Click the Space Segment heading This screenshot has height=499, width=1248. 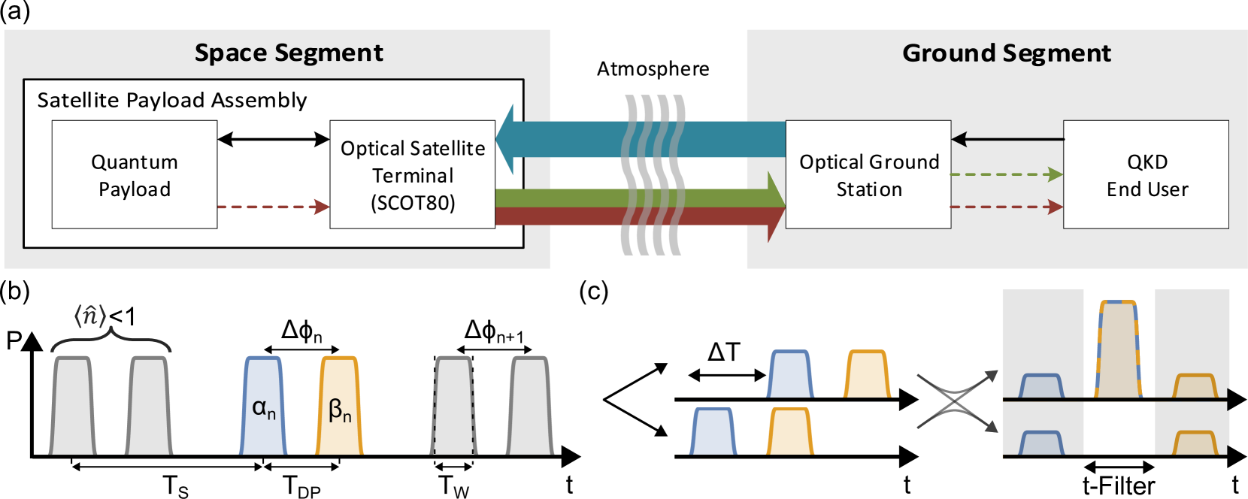[x=289, y=53]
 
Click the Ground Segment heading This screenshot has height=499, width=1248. [x=1006, y=53]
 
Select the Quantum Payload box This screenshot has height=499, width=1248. [x=135, y=175]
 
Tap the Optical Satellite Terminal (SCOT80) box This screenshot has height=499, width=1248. [x=412, y=175]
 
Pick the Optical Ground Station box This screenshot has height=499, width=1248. [x=868, y=175]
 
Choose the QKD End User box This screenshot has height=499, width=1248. [x=1147, y=175]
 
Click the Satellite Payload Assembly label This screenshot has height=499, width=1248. [x=172, y=100]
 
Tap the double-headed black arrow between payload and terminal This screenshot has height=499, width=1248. [x=274, y=139]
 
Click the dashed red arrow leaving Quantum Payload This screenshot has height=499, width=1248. [x=274, y=207]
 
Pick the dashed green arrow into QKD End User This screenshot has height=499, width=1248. [x=1007, y=174]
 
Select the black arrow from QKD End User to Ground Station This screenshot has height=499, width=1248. [x=1007, y=139]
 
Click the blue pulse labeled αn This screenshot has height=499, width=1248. [x=263, y=406]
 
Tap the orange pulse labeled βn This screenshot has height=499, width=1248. [x=339, y=406]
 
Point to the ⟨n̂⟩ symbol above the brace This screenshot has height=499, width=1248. [x=90, y=316]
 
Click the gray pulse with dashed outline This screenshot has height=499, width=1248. [x=454, y=406]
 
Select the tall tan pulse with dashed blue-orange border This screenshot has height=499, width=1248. [x=1118, y=349]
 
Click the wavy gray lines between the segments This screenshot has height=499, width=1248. [x=653, y=174]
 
